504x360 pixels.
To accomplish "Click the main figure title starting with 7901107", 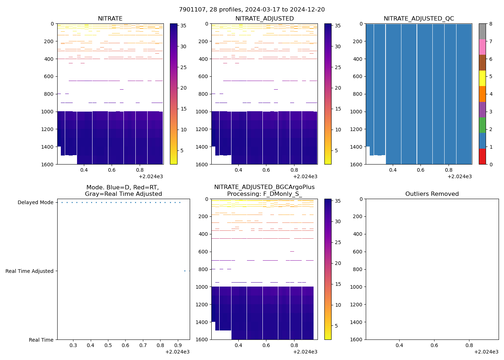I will pos(252,9).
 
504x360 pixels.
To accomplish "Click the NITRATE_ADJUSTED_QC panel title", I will pos(419,19).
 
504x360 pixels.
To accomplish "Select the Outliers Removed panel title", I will pos(432,194).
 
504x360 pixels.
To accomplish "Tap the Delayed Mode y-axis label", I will pos(35,202).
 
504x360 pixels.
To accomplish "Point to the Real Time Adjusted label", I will pos(29,271).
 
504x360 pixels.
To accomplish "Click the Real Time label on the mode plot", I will pos(41,340).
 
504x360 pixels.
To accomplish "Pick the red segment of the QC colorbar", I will pos(482,157).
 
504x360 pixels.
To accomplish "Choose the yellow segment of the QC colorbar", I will pos(482,78).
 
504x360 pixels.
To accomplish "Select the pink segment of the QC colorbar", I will pos(482,47).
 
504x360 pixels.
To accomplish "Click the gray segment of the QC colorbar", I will pos(482,31).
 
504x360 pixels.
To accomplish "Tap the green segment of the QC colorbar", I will pos(482,125).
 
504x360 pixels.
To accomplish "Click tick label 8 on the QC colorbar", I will pos(490,24).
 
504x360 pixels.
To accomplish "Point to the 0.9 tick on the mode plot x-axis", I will pos(178,346).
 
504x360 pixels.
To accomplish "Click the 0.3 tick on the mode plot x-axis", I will pos(73,346).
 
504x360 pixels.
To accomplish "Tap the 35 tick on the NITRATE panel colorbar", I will pos(183,26).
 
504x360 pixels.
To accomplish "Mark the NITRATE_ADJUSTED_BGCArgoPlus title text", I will pos(264,187).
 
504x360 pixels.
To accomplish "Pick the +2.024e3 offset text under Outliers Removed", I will pos(486,352).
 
